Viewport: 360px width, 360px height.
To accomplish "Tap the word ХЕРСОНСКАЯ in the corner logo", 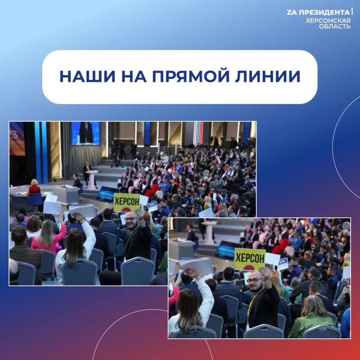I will pos(328,20).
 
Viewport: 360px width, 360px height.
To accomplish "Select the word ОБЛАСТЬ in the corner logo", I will pos(335,27).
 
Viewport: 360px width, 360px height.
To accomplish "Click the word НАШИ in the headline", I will pos(81,76).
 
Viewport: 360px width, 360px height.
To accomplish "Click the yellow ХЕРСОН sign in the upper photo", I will pos(126,202).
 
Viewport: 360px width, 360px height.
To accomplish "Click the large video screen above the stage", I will pos(86,133).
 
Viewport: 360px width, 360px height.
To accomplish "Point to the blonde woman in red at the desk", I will pos(34,188).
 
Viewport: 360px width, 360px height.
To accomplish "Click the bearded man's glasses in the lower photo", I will pos(254,280).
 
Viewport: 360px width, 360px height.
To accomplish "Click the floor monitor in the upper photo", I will pos(107,193).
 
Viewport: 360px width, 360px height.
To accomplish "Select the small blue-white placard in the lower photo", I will pos(283,263).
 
